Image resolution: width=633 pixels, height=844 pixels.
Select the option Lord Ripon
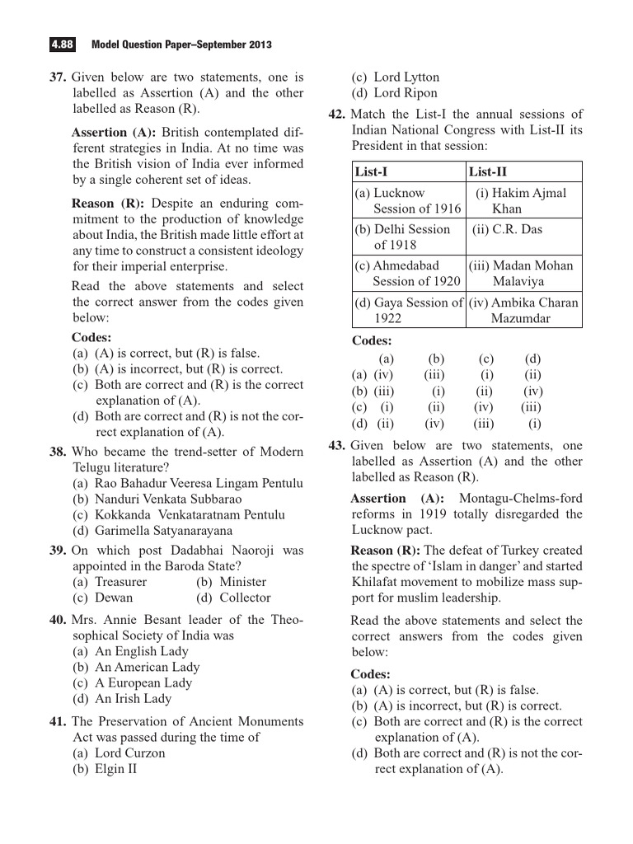tap(395, 93)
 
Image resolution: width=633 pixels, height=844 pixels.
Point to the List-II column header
tap(488, 171)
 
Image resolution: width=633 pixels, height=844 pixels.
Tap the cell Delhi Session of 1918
tap(404, 237)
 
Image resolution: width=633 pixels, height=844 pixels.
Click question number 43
tap(335, 445)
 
